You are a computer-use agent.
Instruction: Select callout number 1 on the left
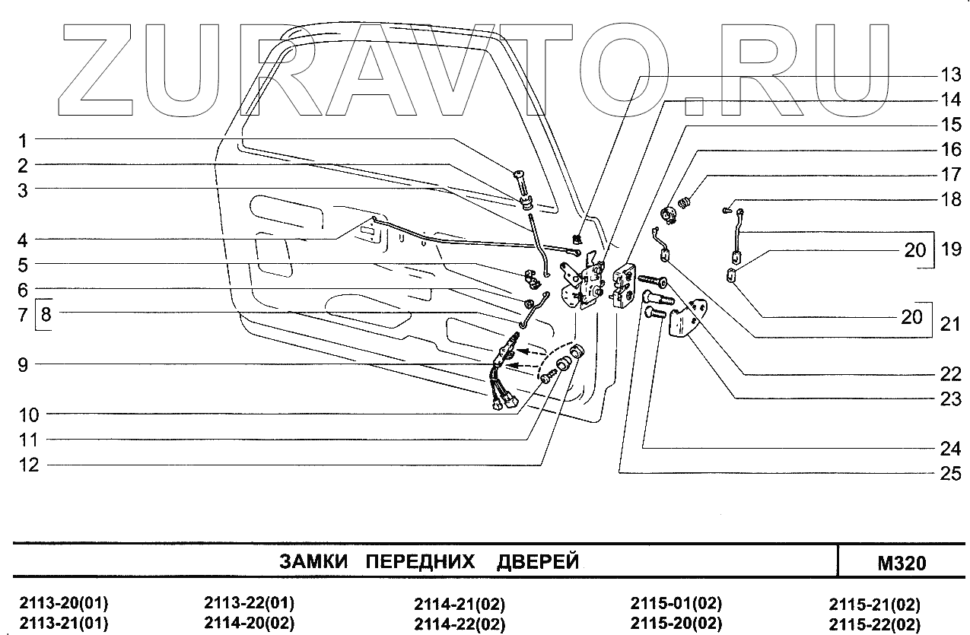pos(24,140)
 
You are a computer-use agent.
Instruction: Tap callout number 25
pos(949,472)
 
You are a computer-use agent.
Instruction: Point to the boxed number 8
pos(46,313)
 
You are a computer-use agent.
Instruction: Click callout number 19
pos(950,249)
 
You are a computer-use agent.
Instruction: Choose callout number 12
pos(28,465)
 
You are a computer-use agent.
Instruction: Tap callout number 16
pos(949,149)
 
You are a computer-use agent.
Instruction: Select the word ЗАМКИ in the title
pos(313,563)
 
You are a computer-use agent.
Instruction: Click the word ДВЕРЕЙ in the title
pos(538,563)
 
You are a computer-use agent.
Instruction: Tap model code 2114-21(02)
pos(460,605)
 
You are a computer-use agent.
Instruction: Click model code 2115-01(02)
pos(676,605)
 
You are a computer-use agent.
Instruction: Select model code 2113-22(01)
pos(250,605)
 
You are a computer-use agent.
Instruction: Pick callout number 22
pos(949,373)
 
